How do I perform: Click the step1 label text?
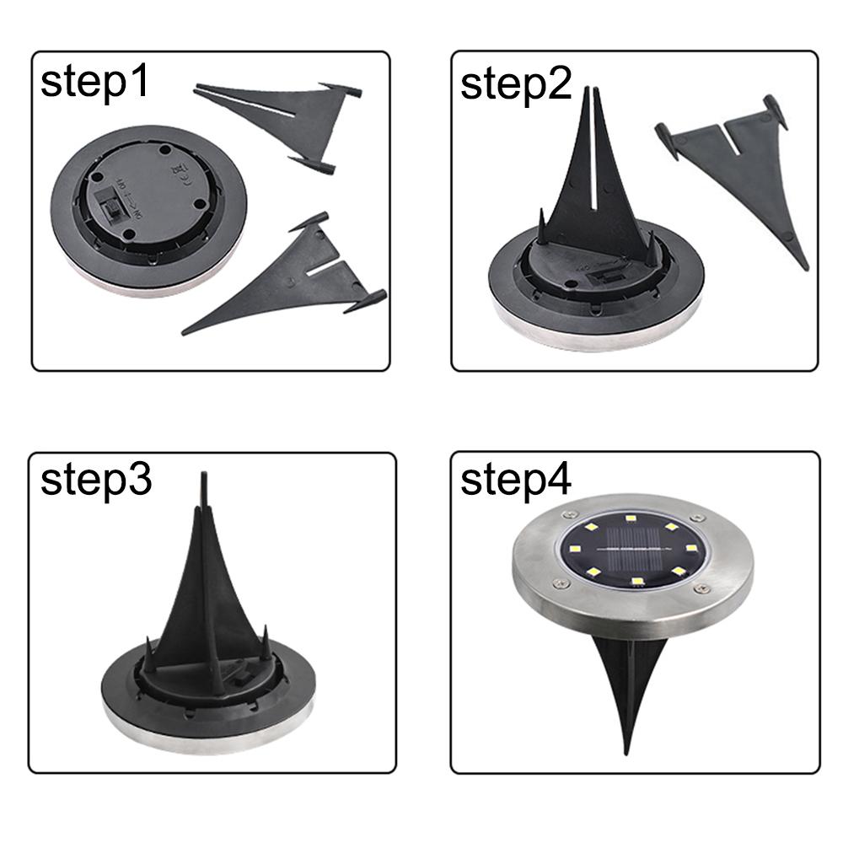(94, 85)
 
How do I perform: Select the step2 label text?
(516, 85)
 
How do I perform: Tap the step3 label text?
(96, 481)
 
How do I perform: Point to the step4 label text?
(516, 481)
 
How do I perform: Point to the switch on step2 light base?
(603, 276)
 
